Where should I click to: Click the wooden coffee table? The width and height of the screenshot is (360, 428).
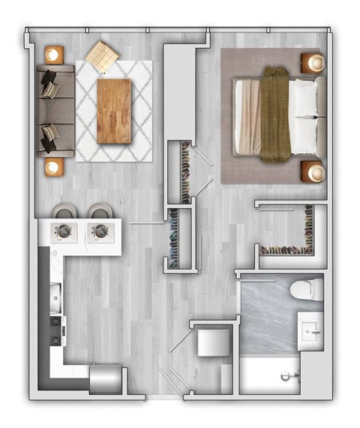tap(114, 110)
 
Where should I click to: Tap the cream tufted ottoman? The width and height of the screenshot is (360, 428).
tap(102, 55)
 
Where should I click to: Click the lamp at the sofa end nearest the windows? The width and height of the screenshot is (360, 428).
tap(53, 54)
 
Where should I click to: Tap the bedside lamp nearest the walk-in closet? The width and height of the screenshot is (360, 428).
tap(316, 173)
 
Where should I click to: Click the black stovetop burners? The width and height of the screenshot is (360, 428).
tap(55, 330)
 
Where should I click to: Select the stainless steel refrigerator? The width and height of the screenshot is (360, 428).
tap(104, 378)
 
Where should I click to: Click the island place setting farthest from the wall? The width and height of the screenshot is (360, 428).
tap(100, 231)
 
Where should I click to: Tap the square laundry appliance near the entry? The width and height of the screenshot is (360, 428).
tap(212, 345)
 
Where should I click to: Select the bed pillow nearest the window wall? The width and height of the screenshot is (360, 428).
tap(304, 96)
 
